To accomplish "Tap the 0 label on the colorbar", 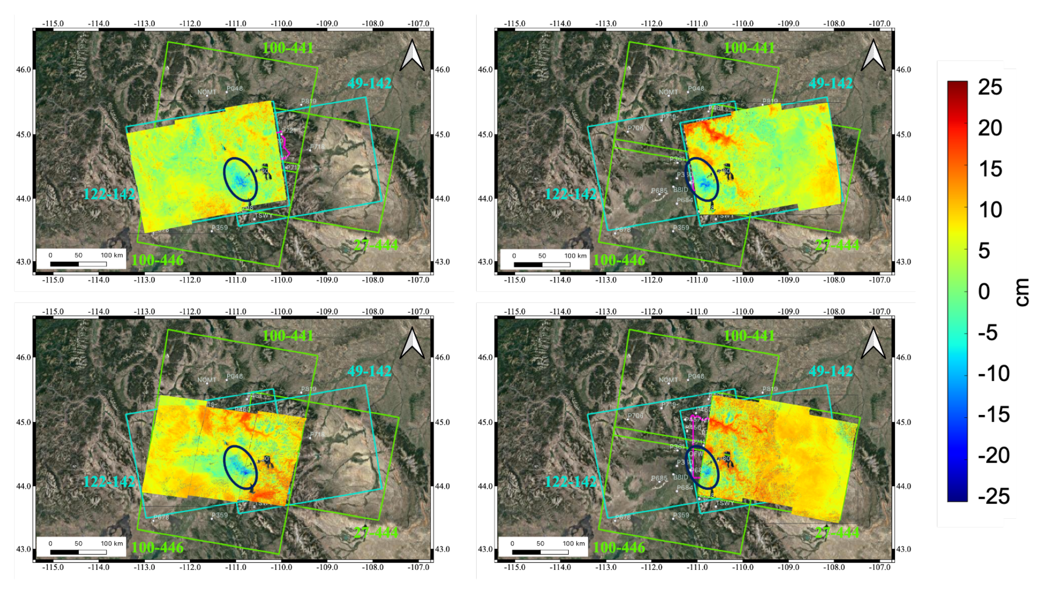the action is pyautogui.click(x=984, y=292).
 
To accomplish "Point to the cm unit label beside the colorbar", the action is pyautogui.click(x=1022, y=292).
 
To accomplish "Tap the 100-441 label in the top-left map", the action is pyautogui.click(x=288, y=48).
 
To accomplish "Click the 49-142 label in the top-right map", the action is pyautogui.click(x=831, y=83).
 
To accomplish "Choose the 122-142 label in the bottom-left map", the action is pyautogui.click(x=109, y=482).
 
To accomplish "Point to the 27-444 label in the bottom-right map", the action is pyautogui.click(x=837, y=532).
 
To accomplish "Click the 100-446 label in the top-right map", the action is pyautogui.click(x=619, y=260).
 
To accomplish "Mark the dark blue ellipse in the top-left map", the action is pyautogui.click(x=241, y=179).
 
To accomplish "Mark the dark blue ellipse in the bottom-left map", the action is pyautogui.click(x=241, y=467).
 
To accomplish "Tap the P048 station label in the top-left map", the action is pyautogui.click(x=234, y=88).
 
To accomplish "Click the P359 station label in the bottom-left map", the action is pyautogui.click(x=220, y=515).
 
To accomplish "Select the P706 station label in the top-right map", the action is pyautogui.click(x=635, y=128).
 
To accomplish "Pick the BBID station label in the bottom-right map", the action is pyautogui.click(x=681, y=477).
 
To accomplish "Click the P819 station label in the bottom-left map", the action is pyautogui.click(x=309, y=389).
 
